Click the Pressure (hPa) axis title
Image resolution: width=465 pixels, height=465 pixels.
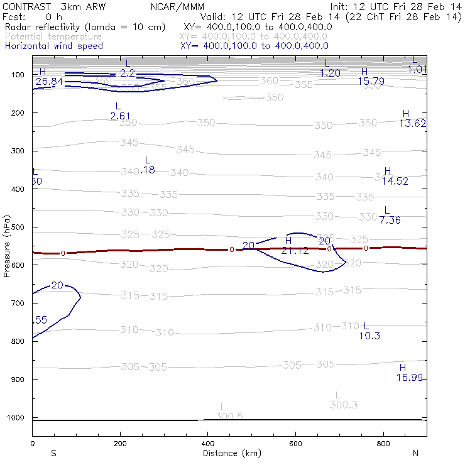6,246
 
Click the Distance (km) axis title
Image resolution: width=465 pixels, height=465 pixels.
229,453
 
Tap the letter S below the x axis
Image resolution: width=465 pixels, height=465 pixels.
53,453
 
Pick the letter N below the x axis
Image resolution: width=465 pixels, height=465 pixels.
415,453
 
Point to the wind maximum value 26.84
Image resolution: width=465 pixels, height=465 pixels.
49,82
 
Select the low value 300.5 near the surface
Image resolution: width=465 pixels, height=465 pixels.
229,416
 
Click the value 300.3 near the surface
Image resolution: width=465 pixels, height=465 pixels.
344,405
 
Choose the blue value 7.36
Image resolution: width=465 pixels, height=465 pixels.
390,219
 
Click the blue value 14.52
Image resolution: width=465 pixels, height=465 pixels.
395,181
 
